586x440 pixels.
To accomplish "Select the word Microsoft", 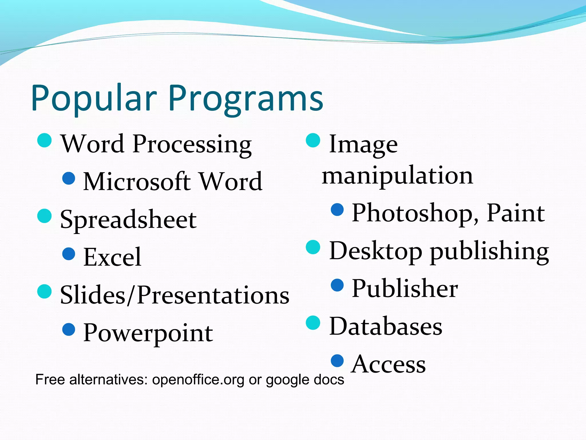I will [x=137, y=182].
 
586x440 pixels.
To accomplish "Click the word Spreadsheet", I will [x=128, y=220].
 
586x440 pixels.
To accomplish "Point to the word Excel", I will [x=112, y=257].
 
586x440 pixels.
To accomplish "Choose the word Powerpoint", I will [x=148, y=333].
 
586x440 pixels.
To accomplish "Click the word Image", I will [x=363, y=145].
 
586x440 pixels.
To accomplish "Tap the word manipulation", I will [x=397, y=176].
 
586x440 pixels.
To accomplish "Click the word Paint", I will [x=516, y=213].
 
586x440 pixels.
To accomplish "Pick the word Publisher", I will [x=405, y=289].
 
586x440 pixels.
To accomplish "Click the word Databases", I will [x=386, y=327].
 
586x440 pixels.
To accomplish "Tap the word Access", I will [x=389, y=364].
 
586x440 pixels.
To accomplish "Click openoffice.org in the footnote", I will [x=198, y=380].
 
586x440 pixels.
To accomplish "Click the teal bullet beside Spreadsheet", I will [x=44, y=216].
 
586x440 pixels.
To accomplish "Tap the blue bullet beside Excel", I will [x=69, y=254].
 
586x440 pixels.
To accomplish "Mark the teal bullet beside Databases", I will [x=313, y=323].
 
